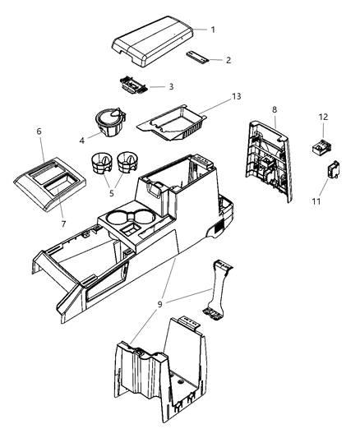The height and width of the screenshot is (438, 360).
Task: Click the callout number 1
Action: click(212, 30)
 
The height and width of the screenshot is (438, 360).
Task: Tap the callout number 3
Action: click(170, 85)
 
